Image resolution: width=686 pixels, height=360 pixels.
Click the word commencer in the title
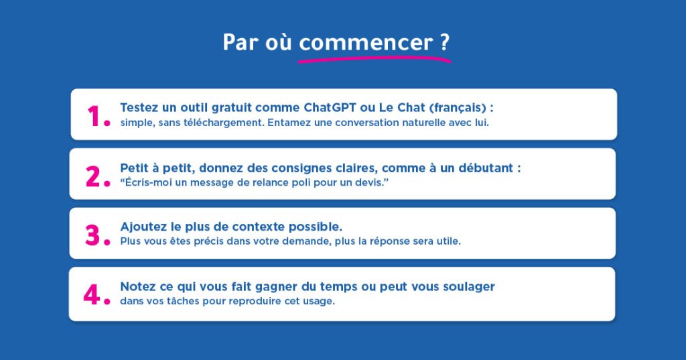(366, 43)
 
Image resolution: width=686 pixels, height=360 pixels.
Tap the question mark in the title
(445, 42)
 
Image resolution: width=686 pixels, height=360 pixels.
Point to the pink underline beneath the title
(374, 59)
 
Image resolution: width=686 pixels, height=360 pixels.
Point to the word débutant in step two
(486, 168)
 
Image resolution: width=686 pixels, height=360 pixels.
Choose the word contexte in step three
(258, 227)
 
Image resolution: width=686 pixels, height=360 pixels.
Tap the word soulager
(469, 287)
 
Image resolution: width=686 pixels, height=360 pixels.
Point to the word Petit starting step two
(134, 168)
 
